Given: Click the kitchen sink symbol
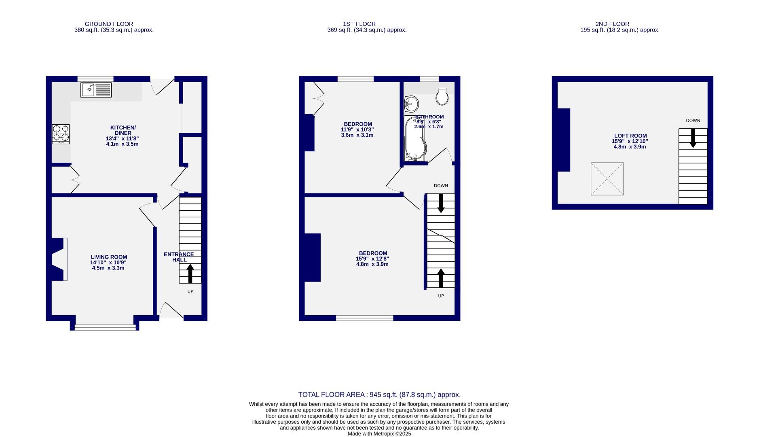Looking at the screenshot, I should point(96,90).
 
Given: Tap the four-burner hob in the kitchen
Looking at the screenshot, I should point(61,134).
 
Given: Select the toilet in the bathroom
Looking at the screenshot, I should point(442,96).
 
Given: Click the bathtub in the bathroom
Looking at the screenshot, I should point(414,138).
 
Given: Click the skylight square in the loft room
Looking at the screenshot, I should point(607,179).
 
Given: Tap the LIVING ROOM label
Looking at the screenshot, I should point(109,257).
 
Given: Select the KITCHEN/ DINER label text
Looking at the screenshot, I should point(123,130).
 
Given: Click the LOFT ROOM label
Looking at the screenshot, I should point(630,136).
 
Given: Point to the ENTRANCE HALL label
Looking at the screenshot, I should point(179,257).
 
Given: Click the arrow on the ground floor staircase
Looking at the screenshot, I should point(190,273).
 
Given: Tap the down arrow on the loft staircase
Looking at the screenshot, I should point(693,138).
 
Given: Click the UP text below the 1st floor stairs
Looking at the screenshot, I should point(441,296).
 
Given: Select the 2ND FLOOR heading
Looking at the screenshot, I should point(612,24).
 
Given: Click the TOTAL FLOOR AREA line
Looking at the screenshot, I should point(379,395).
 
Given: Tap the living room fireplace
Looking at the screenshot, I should point(58,259).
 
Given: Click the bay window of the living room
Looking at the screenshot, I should point(105,327).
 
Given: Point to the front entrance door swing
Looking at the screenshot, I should point(171,311).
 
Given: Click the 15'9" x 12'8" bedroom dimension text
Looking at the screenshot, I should point(372,259).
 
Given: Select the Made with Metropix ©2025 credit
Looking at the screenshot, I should point(379,433).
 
